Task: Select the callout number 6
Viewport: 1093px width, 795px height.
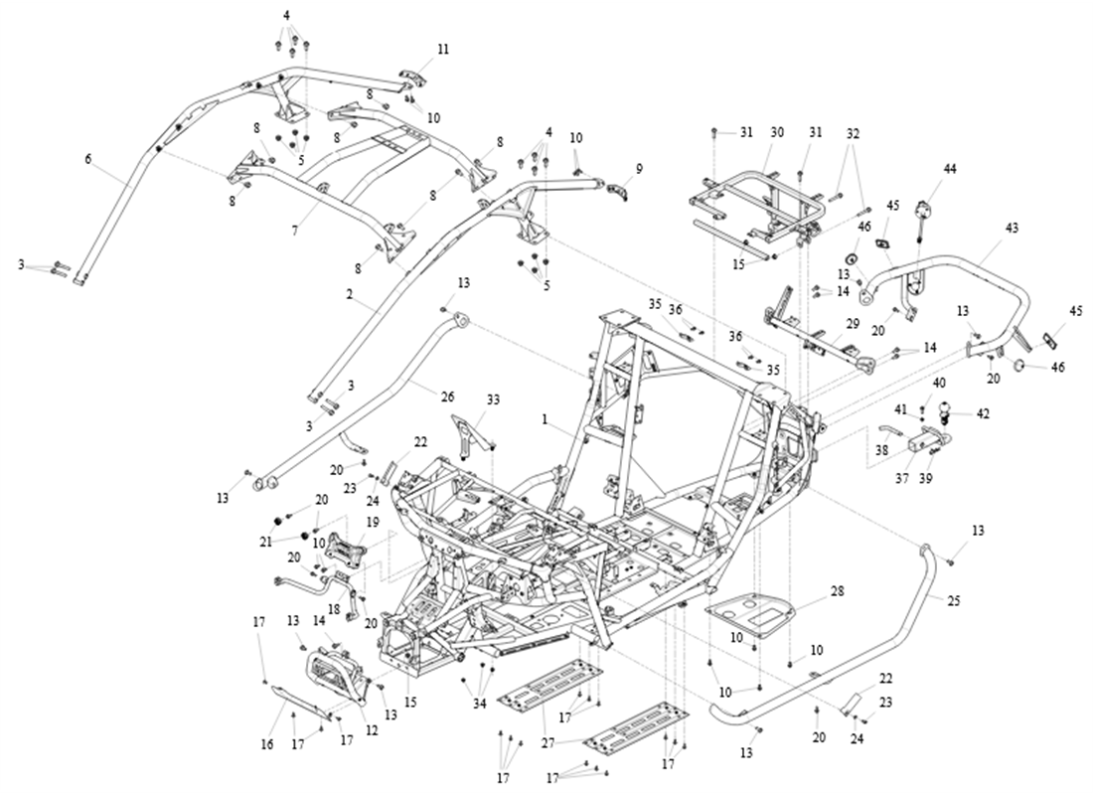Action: click(87, 159)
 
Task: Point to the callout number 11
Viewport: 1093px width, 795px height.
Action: click(442, 49)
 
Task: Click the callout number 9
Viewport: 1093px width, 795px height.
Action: click(639, 169)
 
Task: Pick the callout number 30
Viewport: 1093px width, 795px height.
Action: click(777, 132)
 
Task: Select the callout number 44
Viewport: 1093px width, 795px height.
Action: click(950, 170)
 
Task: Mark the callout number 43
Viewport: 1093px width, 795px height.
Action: click(1012, 229)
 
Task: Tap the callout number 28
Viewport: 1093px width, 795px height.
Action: click(837, 591)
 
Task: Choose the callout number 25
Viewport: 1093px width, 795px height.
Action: click(953, 600)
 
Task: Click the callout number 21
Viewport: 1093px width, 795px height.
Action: click(265, 542)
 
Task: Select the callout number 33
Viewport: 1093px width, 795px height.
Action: click(493, 399)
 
